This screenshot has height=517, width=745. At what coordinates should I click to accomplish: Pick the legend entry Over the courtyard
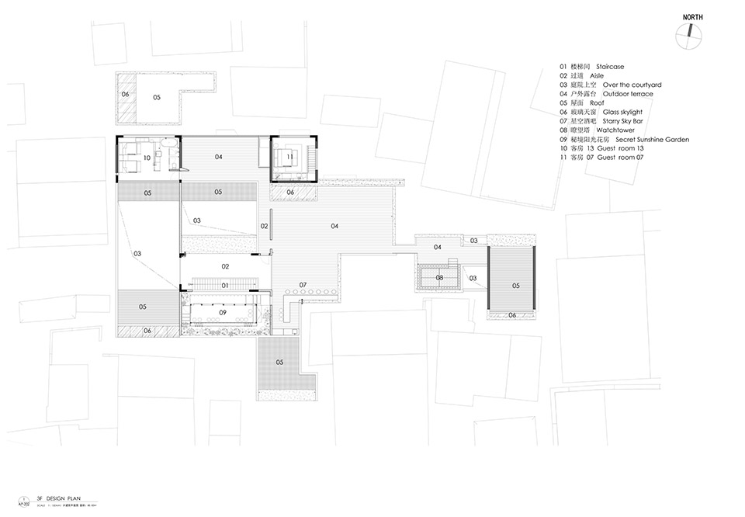606,85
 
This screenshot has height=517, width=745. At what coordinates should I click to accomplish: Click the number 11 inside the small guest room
289,157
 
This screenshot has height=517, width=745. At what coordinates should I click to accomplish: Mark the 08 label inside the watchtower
439,277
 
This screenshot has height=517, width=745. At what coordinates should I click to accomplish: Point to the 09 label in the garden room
222,312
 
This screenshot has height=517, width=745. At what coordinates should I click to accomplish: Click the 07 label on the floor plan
303,284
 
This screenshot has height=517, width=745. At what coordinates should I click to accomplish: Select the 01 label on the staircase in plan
225,285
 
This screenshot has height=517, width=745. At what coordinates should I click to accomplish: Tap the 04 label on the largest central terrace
334,226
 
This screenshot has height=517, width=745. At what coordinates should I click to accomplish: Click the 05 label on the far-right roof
516,285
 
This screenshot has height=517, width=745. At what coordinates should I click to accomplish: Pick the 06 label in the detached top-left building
125,95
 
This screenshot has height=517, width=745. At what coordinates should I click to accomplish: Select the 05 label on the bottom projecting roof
279,362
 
